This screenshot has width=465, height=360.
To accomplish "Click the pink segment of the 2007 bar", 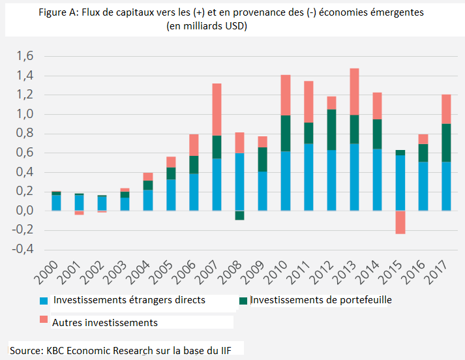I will [x=217, y=109].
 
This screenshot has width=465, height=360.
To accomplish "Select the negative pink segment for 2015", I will [x=400, y=222].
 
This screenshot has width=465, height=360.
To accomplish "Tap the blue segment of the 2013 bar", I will [x=354, y=177].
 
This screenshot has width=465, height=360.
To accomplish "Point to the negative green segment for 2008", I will [x=239, y=215].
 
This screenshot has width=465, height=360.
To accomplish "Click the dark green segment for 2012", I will [x=332, y=129].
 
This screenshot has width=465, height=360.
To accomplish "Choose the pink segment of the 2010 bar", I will [x=285, y=95].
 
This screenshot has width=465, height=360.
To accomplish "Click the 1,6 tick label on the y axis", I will [x=24, y=57].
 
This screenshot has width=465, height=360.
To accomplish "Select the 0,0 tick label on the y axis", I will [x=24, y=211].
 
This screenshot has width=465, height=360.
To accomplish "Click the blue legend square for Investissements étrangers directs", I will [x=44, y=301].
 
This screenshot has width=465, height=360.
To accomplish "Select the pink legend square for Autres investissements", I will [x=44, y=320].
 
